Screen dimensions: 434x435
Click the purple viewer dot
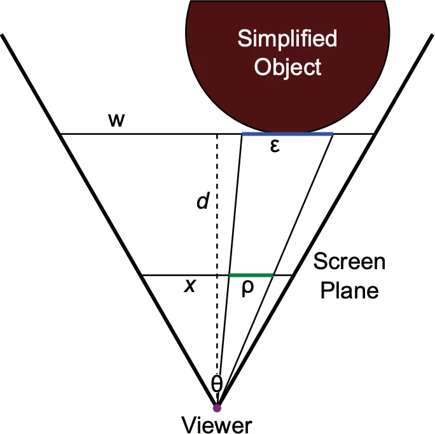tap(217, 407)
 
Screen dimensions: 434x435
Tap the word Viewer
tap(217, 424)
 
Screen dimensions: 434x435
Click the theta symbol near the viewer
tap(217, 382)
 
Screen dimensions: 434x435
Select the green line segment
tap(251, 275)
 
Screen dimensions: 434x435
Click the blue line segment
tap(287, 134)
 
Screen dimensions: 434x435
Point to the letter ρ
tap(248, 288)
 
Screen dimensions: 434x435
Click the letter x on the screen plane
tap(189, 286)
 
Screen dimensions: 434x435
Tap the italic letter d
tap(202, 202)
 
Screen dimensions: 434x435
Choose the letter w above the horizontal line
tap(116, 120)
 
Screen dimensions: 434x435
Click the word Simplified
tap(287, 39)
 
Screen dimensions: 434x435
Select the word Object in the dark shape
tap(287, 67)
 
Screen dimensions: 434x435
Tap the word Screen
tap(350, 262)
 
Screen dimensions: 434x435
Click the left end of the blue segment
tap(243, 134)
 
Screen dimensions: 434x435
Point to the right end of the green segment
tap(273, 275)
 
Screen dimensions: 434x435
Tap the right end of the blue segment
tap(333, 134)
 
